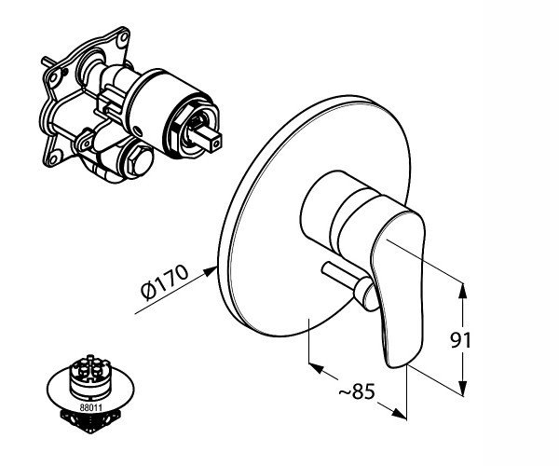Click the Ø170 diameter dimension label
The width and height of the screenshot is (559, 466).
pos(164,282)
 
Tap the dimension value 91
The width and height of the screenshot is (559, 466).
pos(460,340)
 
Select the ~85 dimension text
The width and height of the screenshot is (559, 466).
pos(357,391)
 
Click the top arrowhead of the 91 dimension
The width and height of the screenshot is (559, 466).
pos(462,290)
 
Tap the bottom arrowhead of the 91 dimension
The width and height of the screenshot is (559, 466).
pos(462,388)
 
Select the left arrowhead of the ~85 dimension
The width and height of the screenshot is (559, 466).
pos(316,367)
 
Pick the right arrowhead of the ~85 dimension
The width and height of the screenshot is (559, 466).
pos(399,413)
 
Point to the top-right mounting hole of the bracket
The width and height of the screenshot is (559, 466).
pos(124,37)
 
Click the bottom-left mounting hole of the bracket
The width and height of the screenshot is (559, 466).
pos(53,157)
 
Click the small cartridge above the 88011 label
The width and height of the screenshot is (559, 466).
pos(90,377)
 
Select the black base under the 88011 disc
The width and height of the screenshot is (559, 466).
pos(89,421)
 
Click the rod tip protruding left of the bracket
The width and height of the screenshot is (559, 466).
pos(45,61)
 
